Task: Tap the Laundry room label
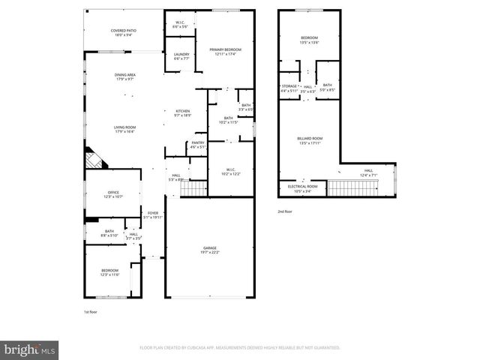point(181,54)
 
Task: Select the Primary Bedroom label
point(225,49)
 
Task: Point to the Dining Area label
point(124,74)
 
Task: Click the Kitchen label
point(183,111)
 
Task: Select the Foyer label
point(153,213)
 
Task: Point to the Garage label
point(209,247)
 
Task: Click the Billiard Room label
point(310,138)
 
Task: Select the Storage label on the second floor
point(289,87)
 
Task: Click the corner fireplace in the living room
point(94,159)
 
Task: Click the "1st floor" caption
point(90,311)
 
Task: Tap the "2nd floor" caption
point(285,212)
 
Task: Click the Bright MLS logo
point(30,349)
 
